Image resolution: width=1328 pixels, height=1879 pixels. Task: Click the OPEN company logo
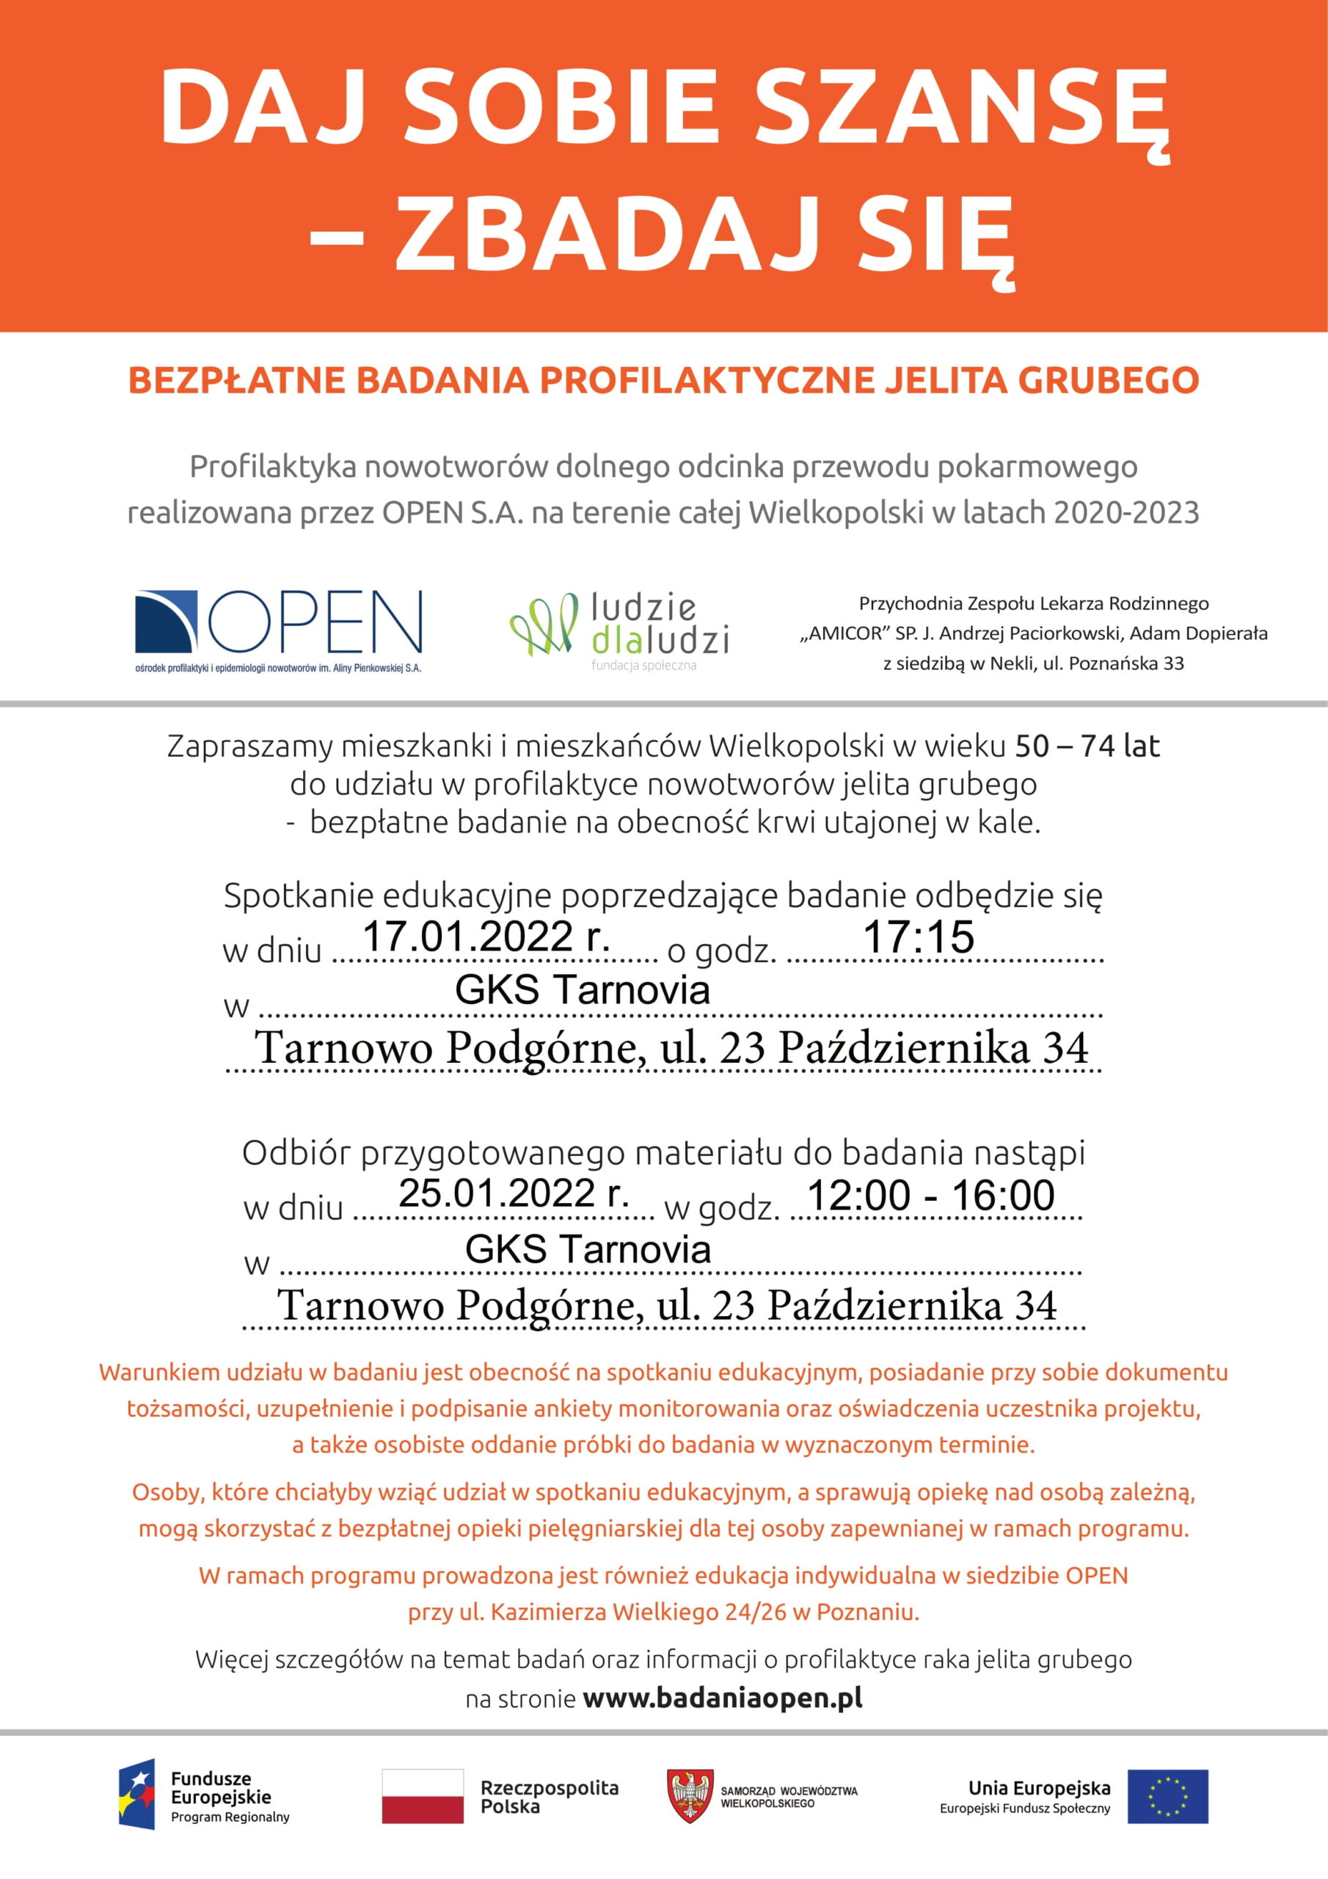(x=278, y=631)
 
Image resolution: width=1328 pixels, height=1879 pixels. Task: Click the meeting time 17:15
(x=918, y=937)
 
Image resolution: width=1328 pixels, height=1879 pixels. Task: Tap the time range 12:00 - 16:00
(x=930, y=1196)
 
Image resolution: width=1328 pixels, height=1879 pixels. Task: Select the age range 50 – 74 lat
(x=1087, y=746)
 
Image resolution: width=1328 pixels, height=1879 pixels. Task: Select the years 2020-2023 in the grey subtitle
(x=1126, y=512)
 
